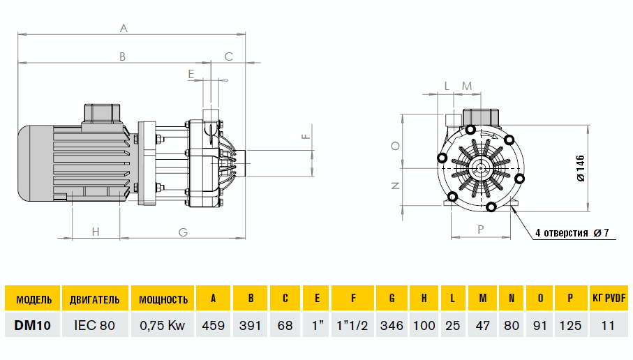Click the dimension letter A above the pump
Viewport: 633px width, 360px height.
(x=124, y=29)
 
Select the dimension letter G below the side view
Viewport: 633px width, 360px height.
(x=183, y=232)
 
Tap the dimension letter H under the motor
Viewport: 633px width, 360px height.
(x=96, y=232)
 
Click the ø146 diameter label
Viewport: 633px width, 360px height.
(x=581, y=167)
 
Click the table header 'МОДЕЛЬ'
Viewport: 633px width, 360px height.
(x=33, y=299)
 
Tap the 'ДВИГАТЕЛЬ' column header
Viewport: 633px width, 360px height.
(x=95, y=299)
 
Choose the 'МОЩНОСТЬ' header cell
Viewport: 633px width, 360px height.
(x=163, y=299)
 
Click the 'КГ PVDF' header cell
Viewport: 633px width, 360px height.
(x=609, y=299)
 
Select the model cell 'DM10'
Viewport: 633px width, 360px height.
(x=33, y=325)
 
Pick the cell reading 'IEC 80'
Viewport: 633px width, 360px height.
(x=95, y=325)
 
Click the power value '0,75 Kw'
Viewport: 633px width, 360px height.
(x=163, y=325)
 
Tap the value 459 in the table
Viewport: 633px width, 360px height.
(x=214, y=325)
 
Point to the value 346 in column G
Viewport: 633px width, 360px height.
(x=392, y=325)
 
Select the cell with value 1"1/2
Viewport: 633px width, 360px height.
(x=353, y=325)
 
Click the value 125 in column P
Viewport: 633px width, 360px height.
(x=570, y=325)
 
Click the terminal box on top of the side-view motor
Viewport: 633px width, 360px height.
(x=102, y=113)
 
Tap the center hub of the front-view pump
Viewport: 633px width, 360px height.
(x=480, y=167)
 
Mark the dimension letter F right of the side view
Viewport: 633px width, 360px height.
(x=305, y=136)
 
